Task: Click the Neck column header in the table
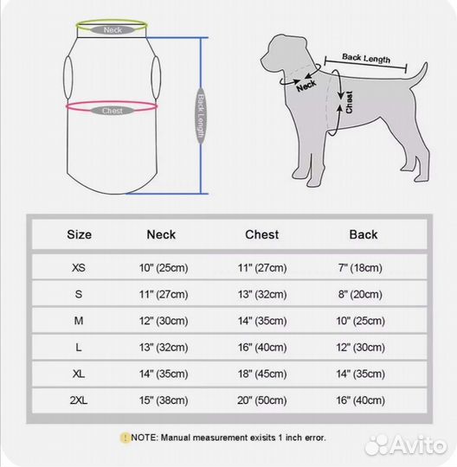(x=161, y=234)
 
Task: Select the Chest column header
(x=262, y=234)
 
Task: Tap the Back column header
(x=364, y=234)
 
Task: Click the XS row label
(x=79, y=268)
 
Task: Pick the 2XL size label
(x=79, y=400)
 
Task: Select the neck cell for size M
(x=164, y=321)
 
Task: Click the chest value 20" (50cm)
(x=262, y=400)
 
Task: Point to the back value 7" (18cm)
(x=360, y=268)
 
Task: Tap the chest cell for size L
(x=262, y=348)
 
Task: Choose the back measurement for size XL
(x=361, y=374)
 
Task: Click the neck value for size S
(x=164, y=294)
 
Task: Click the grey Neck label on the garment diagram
(x=113, y=30)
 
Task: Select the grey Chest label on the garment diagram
(x=113, y=111)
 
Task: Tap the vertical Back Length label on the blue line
(x=201, y=116)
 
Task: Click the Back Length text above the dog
(x=366, y=59)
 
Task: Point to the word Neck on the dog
(x=306, y=86)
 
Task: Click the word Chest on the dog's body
(x=349, y=102)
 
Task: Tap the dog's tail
(x=419, y=74)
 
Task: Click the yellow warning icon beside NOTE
(x=125, y=438)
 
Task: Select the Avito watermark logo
(x=406, y=445)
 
